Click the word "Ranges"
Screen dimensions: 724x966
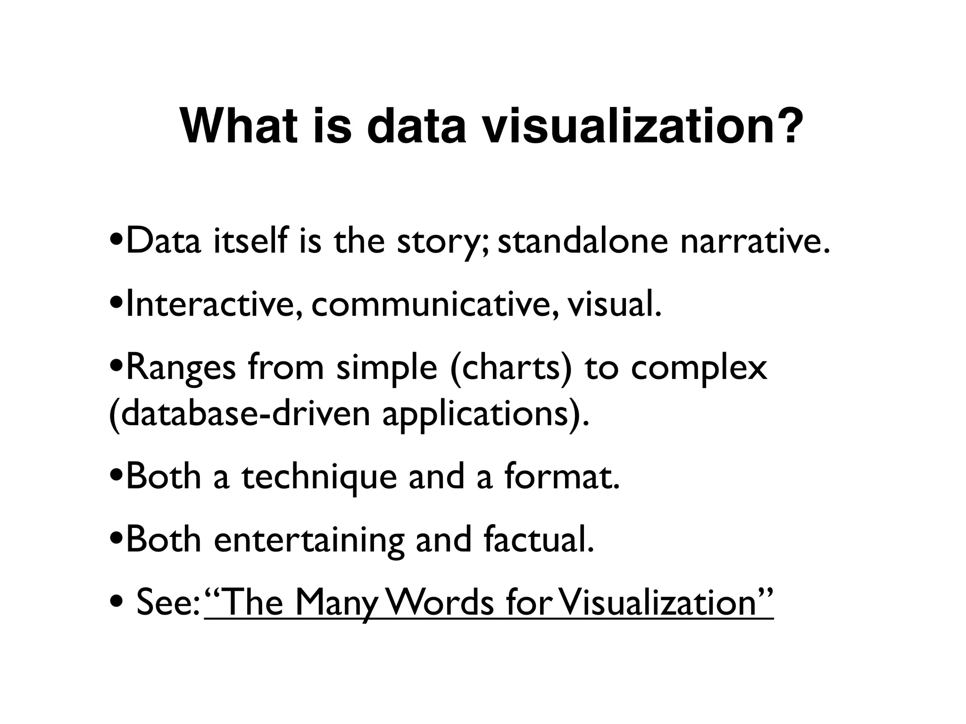point(181,368)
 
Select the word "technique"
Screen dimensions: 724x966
point(320,477)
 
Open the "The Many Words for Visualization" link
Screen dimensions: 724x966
point(489,603)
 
